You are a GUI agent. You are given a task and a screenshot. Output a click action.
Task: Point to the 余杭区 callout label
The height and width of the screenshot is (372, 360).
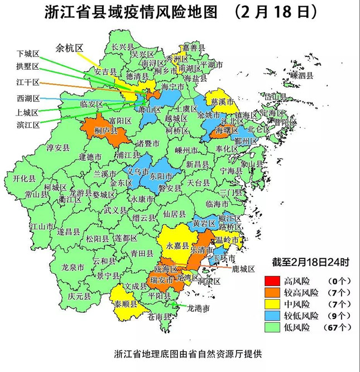[69, 48]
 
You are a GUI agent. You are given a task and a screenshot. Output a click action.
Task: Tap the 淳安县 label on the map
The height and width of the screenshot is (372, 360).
[57, 148]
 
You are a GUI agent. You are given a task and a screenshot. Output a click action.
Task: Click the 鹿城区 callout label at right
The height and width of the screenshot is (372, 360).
[243, 268]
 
